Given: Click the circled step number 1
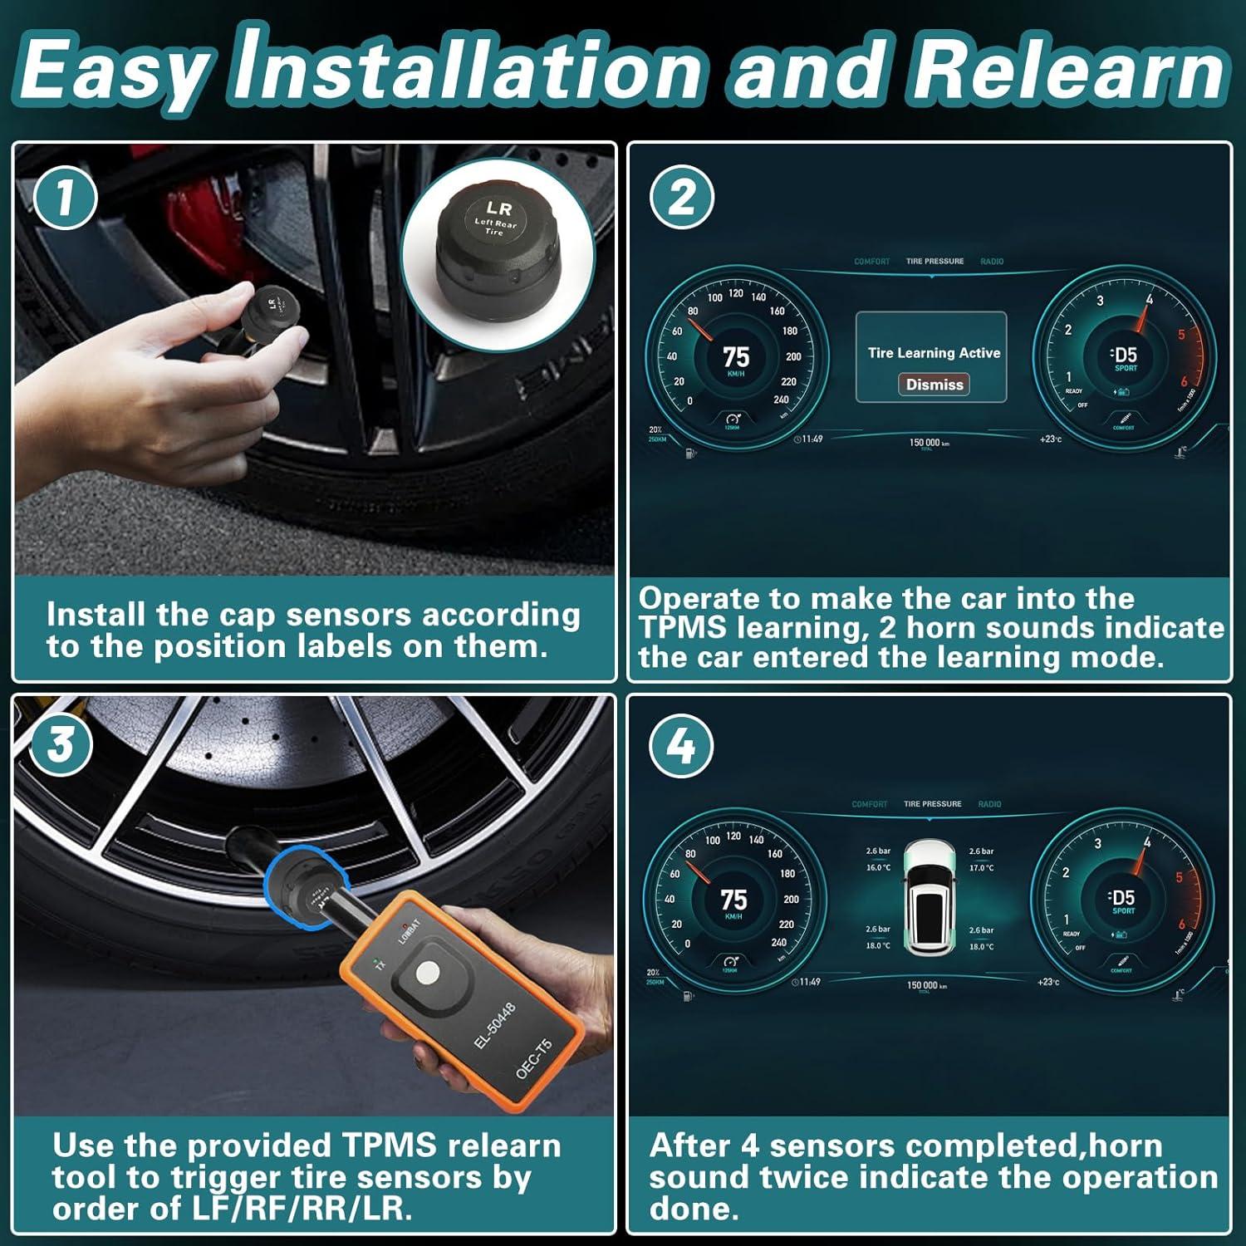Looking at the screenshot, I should click(x=65, y=198).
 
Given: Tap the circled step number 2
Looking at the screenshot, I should click(x=681, y=198).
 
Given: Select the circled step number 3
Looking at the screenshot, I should click(x=60, y=744).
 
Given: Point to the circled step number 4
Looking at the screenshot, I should click(x=681, y=746).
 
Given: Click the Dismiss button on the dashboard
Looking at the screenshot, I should click(x=934, y=385).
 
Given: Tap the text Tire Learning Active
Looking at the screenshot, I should click(x=934, y=353).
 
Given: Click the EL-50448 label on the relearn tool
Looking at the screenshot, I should click(x=495, y=1025).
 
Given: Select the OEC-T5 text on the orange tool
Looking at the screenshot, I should click(x=533, y=1059).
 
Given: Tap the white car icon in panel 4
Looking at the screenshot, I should click(x=930, y=897).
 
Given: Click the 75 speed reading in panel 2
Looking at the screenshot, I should click(x=736, y=357).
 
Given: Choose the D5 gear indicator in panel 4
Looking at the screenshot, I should click(x=1122, y=898).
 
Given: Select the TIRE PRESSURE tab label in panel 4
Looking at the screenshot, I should click(x=932, y=804).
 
